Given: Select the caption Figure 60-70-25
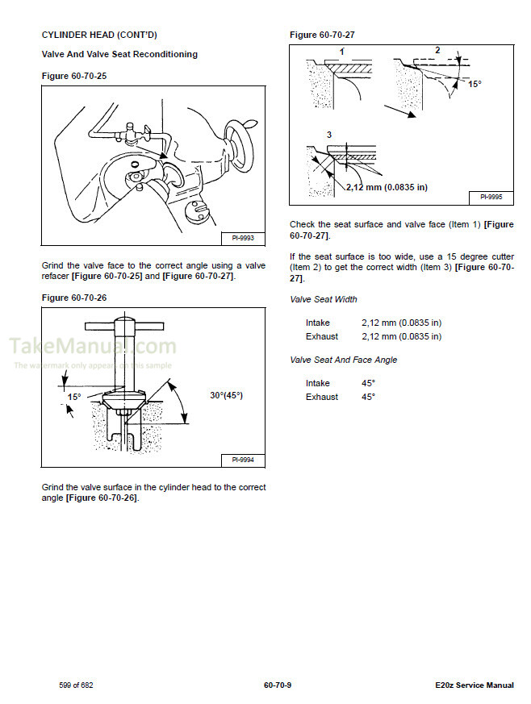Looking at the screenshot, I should [x=73, y=75].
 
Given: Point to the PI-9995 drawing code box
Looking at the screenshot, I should [x=491, y=196].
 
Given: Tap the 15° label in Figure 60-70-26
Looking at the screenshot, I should [x=74, y=397].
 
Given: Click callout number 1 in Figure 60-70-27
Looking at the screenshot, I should [x=341, y=52].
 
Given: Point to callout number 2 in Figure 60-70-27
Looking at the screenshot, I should [x=437, y=50].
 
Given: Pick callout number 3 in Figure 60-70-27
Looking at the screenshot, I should [x=328, y=134].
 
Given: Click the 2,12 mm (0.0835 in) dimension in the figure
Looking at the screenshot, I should [x=386, y=187].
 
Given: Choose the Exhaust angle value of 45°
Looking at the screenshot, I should [x=368, y=397].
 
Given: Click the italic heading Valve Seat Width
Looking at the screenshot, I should [x=323, y=299].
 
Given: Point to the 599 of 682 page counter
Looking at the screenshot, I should [x=77, y=685].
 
